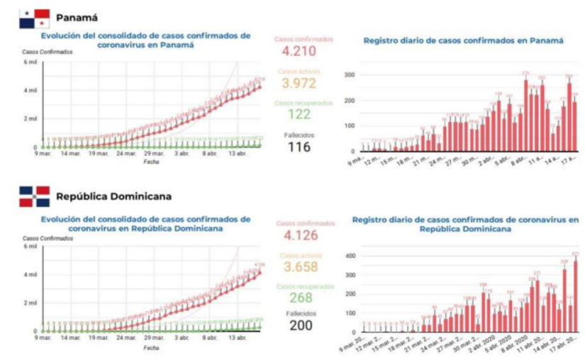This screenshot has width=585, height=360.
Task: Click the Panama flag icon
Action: [x=34, y=17]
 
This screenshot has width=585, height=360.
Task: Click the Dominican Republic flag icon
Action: [x=34, y=196]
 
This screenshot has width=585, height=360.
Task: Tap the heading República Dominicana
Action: [x=113, y=196]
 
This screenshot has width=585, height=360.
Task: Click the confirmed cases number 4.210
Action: [x=299, y=51]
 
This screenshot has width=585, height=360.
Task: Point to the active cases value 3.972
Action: [x=299, y=84]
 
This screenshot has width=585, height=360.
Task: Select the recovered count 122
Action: [x=299, y=114]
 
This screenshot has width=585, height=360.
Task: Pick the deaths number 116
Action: [x=299, y=147]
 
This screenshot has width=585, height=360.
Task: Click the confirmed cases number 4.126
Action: [x=299, y=235]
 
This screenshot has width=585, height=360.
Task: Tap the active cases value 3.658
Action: [x=299, y=267]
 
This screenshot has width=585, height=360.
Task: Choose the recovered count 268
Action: [x=299, y=298]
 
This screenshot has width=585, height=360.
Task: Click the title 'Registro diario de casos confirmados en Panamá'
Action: [x=463, y=40]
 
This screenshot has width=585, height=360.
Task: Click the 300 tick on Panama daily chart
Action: [x=347, y=74]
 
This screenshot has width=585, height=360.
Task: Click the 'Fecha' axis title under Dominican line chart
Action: [x=150, y=348]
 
